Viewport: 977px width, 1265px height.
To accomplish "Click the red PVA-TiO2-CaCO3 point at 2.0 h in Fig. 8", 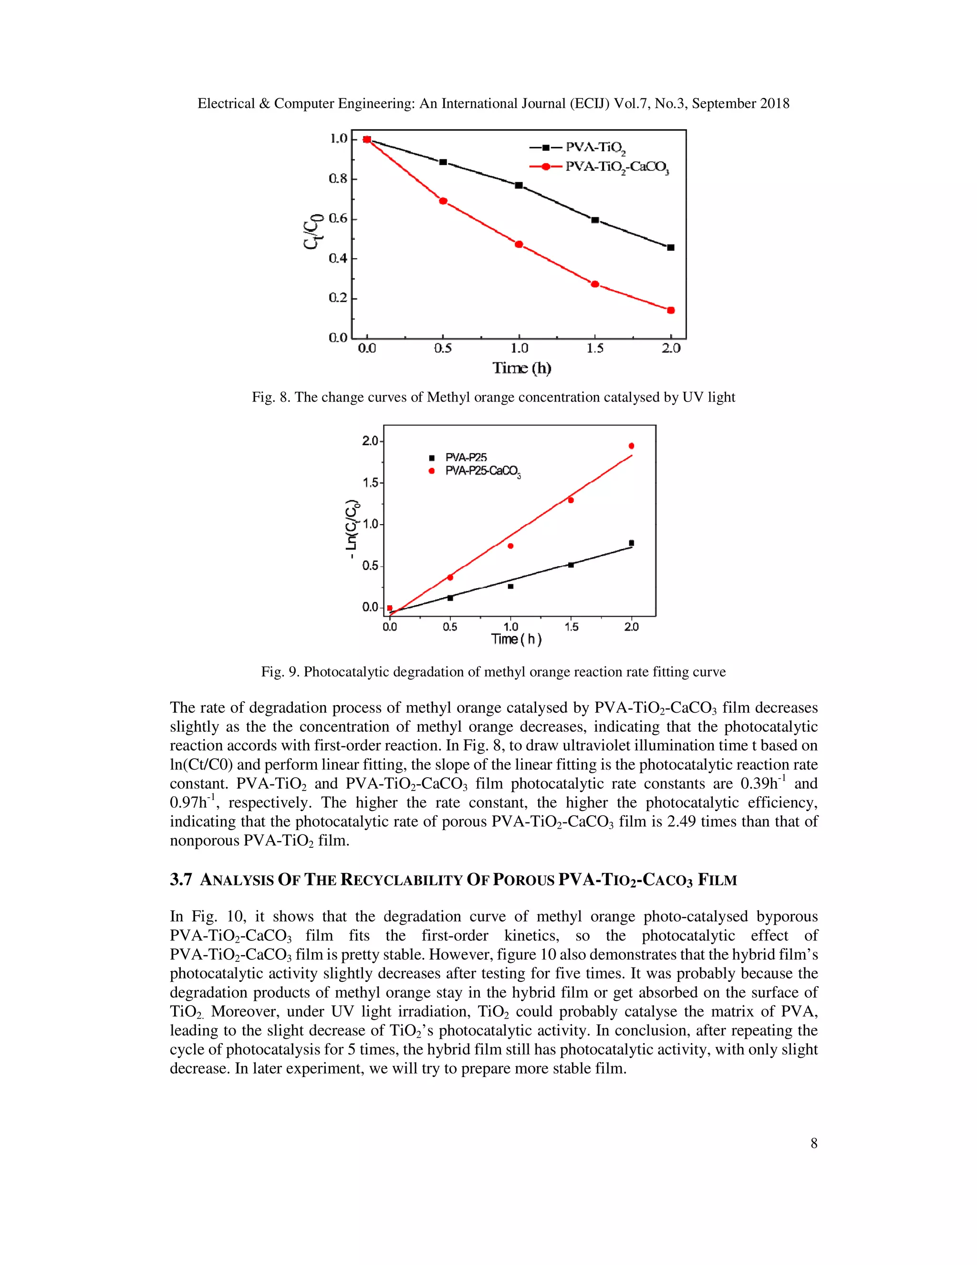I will [671, 310].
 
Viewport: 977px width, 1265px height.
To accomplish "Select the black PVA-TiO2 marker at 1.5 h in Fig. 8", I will [595, 220].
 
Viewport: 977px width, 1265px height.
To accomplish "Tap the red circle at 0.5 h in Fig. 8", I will [443, 201].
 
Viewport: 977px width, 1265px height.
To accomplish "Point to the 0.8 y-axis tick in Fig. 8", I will [338, 179].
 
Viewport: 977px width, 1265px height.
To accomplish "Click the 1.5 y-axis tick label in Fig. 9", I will [369, 483].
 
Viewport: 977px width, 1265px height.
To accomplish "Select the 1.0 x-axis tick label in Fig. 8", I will [519, 348].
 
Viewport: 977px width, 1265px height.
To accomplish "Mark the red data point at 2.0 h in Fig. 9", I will [632, 446].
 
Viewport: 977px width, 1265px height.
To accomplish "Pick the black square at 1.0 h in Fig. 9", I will [510, 587].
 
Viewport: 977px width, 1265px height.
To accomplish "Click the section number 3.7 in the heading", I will [181, 880].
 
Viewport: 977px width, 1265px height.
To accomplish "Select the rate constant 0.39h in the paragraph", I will [759, 784].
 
